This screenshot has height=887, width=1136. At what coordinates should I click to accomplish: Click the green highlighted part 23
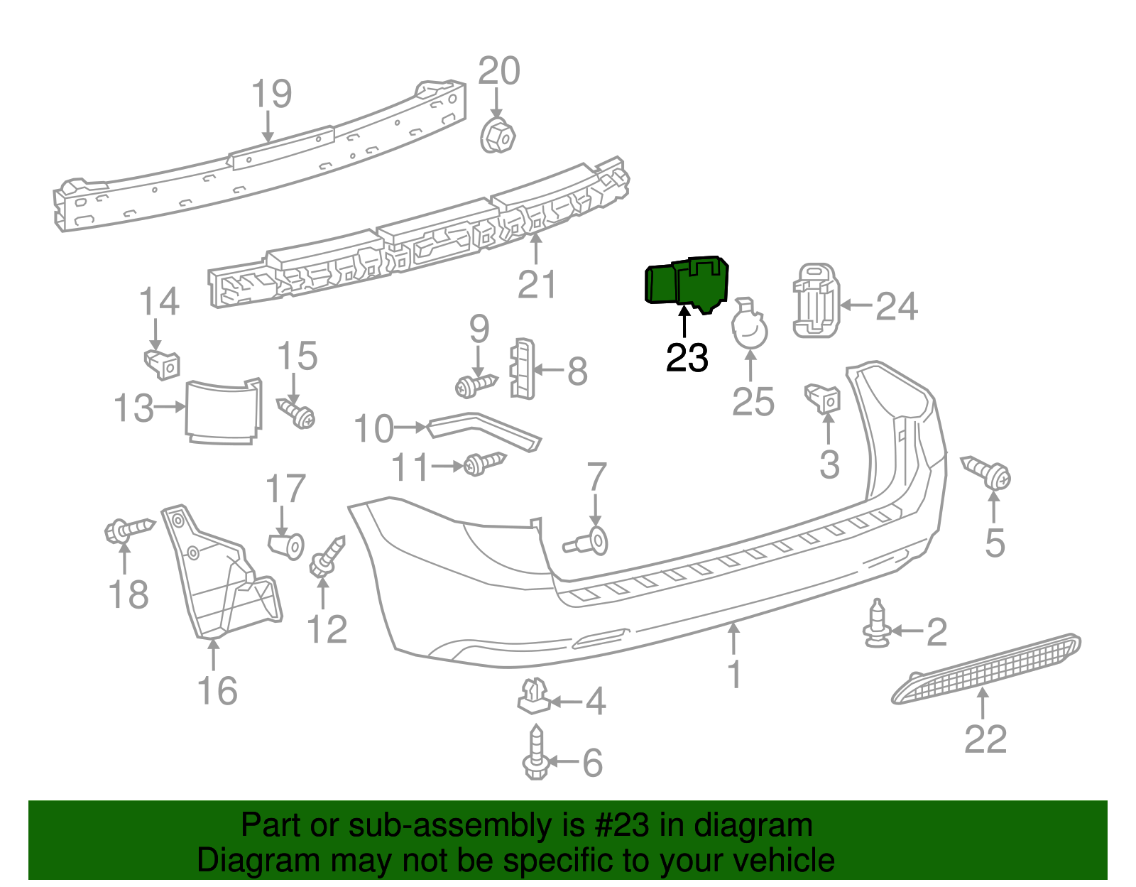click(685, 283)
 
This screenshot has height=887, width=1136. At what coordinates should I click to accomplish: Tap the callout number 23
click(687, 357)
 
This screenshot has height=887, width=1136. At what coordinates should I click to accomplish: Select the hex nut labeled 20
click(498, 136)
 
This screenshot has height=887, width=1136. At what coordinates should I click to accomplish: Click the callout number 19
click(272, 94)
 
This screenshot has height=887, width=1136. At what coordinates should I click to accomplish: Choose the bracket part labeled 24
click(815, 300)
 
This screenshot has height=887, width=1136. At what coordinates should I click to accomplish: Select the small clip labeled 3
click(824, 398)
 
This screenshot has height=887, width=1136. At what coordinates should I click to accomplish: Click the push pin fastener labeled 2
click(877, 624)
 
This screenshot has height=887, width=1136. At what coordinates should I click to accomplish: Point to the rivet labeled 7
click(589, 543)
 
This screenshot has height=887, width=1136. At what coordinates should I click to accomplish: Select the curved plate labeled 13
click(223, 413)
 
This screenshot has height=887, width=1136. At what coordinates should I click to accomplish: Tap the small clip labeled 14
click(163, 364)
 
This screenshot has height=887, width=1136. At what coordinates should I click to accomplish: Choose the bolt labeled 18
click(128, 530)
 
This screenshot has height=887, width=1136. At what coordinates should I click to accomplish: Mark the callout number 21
click(537, 284)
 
